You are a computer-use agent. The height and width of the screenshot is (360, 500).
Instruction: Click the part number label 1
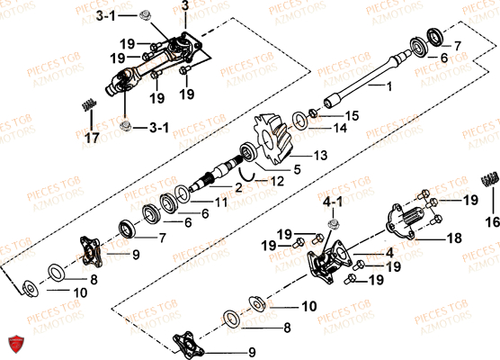(x=388, y=87)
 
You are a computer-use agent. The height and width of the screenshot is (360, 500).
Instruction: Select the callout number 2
(x=238, y=188)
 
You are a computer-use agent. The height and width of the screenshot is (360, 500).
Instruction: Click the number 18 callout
(x=453, y=238)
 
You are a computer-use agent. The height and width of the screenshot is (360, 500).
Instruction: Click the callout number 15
(x=352, y=116)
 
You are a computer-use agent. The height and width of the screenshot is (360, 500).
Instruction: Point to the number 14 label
(x=339, y=129)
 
